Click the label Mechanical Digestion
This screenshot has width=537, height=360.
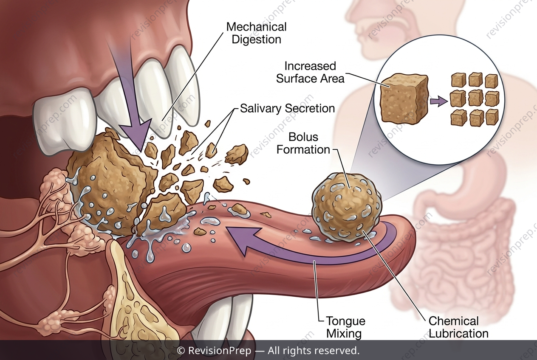pos(256,33)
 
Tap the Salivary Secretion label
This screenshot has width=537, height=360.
pos(288,109)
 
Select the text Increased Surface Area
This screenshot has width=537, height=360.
pos(310,72)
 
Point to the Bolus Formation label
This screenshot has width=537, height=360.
pos(303,143)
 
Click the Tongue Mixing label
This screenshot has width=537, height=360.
pos(346,327)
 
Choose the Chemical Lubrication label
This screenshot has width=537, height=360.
pos(458,327)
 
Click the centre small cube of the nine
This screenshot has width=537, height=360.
pos(475,98)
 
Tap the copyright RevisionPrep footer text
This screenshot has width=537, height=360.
pos(268,351)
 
